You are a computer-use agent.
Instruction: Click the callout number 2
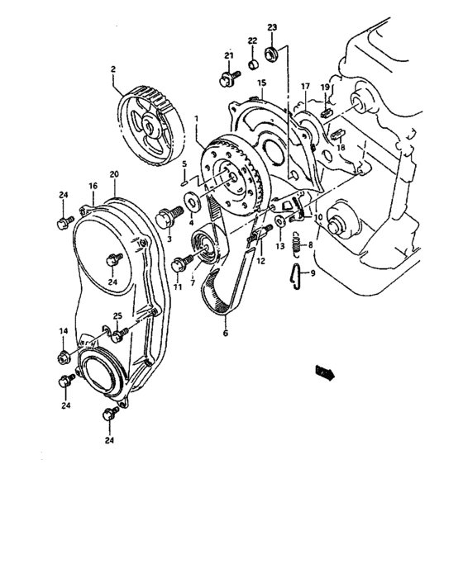tap(114, 70)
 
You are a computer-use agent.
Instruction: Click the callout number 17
tap(305, 86)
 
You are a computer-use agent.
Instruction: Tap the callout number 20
tap(113, 174)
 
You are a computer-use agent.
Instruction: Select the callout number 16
tap(93, 187)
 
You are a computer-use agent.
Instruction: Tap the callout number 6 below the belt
tap(224, 334)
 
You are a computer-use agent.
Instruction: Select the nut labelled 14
tap(63, 357)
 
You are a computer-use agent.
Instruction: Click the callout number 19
tap(326, 87)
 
